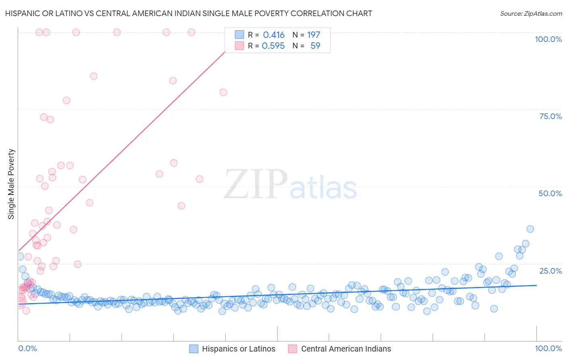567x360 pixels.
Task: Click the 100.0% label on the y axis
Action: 548,39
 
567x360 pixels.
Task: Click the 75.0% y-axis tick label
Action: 550,116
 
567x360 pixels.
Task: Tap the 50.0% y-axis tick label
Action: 550,193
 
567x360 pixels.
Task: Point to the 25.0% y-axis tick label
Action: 550,271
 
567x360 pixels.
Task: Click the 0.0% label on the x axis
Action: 27,348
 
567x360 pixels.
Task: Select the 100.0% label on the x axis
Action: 548,348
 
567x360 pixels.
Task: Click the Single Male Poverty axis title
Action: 11,184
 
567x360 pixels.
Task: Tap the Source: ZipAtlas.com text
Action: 531,13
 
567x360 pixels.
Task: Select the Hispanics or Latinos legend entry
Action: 238,349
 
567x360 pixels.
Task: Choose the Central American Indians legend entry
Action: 346,349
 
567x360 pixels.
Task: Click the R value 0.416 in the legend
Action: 273,35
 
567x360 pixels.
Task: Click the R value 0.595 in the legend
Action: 273,46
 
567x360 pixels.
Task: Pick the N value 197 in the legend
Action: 313,35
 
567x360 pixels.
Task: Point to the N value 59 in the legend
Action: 315,46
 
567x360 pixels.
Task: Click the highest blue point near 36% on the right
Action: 530,229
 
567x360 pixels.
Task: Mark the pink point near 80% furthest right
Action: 223,92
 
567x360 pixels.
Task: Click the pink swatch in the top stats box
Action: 240,46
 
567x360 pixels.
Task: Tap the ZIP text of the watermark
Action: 256,184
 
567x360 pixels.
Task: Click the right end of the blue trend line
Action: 536,285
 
